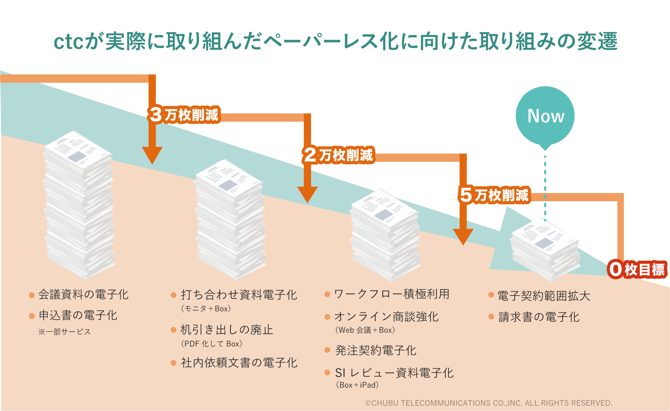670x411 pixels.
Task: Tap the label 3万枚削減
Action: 184,115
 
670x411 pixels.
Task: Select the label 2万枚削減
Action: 338,155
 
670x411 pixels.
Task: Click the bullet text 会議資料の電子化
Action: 83,294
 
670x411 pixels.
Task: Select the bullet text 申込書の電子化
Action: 78,315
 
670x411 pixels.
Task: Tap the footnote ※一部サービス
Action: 64,332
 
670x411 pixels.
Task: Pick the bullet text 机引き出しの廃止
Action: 227,330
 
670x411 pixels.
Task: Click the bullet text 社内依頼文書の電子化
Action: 239,363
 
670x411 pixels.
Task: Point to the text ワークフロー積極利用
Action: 392,294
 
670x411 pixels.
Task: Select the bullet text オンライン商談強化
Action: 387,317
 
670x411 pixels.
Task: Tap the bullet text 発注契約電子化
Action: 376,350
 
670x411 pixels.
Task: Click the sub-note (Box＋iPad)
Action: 357,385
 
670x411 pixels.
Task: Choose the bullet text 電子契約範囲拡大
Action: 544,296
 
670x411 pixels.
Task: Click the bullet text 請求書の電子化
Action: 539,317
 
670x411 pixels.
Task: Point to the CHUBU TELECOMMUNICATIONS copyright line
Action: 488,403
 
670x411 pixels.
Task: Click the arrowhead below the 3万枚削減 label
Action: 152,155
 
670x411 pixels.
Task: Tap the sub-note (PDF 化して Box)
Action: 212,344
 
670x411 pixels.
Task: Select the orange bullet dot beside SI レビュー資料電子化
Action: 327,373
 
